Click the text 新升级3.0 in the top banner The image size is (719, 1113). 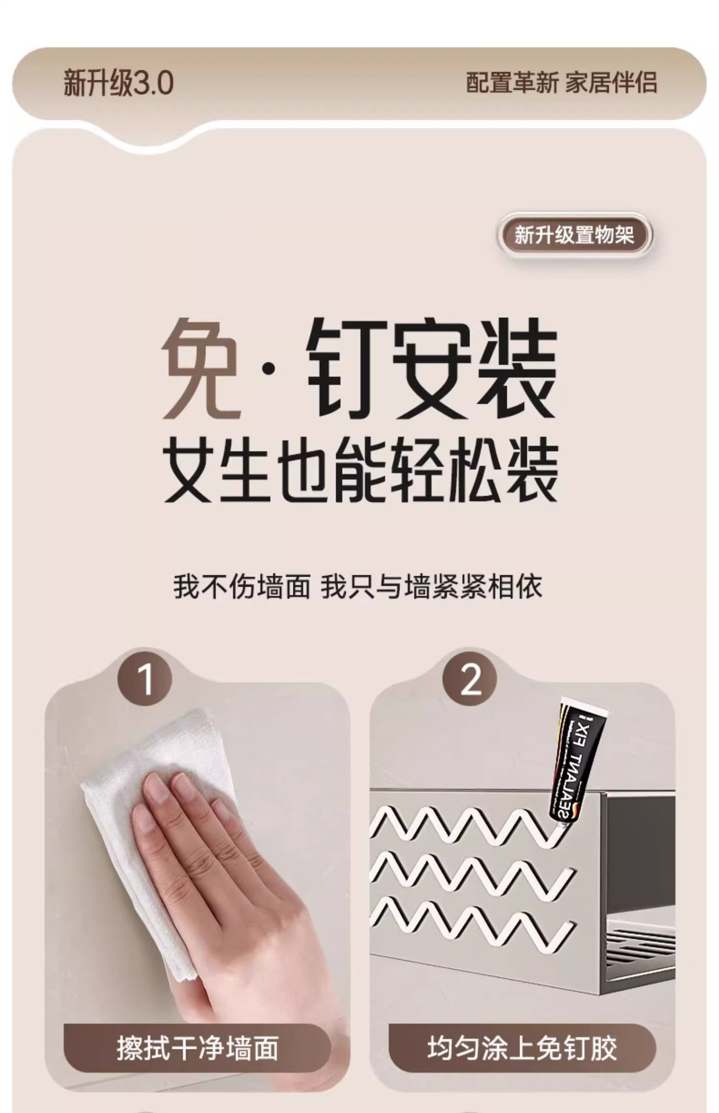pyautogui.click(x=118, y=83)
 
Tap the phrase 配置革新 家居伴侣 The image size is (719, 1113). pyautogui.click(x=562, y=82)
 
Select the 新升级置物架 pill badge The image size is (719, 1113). pyautogui.click(x=575, y=235)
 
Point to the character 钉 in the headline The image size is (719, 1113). pyautogui.click(x=343, y=369)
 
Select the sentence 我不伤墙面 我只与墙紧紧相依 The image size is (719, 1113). pyautogui.click(x=357, y=586)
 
